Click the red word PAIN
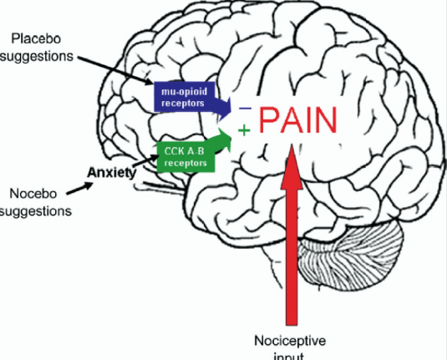click(297, 122)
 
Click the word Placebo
click(36, 39)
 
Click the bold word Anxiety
click(112, 173)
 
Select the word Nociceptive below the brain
click(289, 342)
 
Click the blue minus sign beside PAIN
click(245, 109)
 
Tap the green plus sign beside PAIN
click(244, 131)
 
